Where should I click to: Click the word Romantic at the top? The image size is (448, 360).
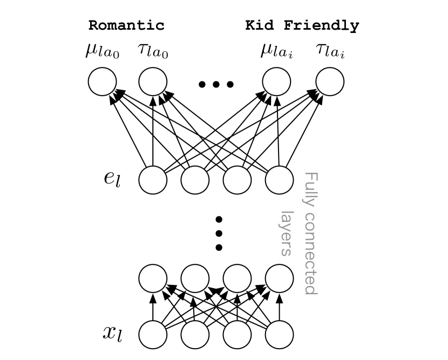[126, 25]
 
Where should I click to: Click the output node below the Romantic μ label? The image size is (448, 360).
[102, 82]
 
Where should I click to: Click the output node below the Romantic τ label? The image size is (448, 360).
[153, 82]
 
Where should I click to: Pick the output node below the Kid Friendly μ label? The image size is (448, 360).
[276, 82]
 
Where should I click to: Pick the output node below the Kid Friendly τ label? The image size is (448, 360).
[329, 82]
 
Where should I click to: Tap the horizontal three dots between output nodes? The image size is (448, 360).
[216, 84]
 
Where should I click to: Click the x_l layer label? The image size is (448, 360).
[112, 332]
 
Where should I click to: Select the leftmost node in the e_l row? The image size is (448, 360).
[153, 180]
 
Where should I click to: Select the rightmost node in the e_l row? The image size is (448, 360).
[279, 180]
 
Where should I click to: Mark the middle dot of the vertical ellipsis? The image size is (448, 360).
[219, 233]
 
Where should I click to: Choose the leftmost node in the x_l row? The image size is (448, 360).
[153, 335]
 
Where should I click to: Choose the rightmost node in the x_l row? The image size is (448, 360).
[279, 335]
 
